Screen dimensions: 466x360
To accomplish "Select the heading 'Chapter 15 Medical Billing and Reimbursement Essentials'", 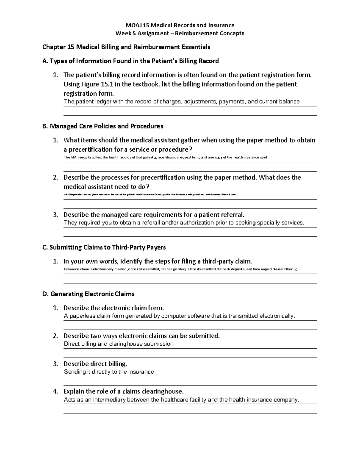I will (126, 47).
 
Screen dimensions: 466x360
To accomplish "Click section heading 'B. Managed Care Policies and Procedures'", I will (103, 126).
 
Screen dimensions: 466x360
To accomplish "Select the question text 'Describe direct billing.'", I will (95, 364).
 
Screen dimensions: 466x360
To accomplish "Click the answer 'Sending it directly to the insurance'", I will (109, 372).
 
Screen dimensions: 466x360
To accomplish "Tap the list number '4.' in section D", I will (55, 392).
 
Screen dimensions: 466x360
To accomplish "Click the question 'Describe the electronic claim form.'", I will (114, 308).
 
